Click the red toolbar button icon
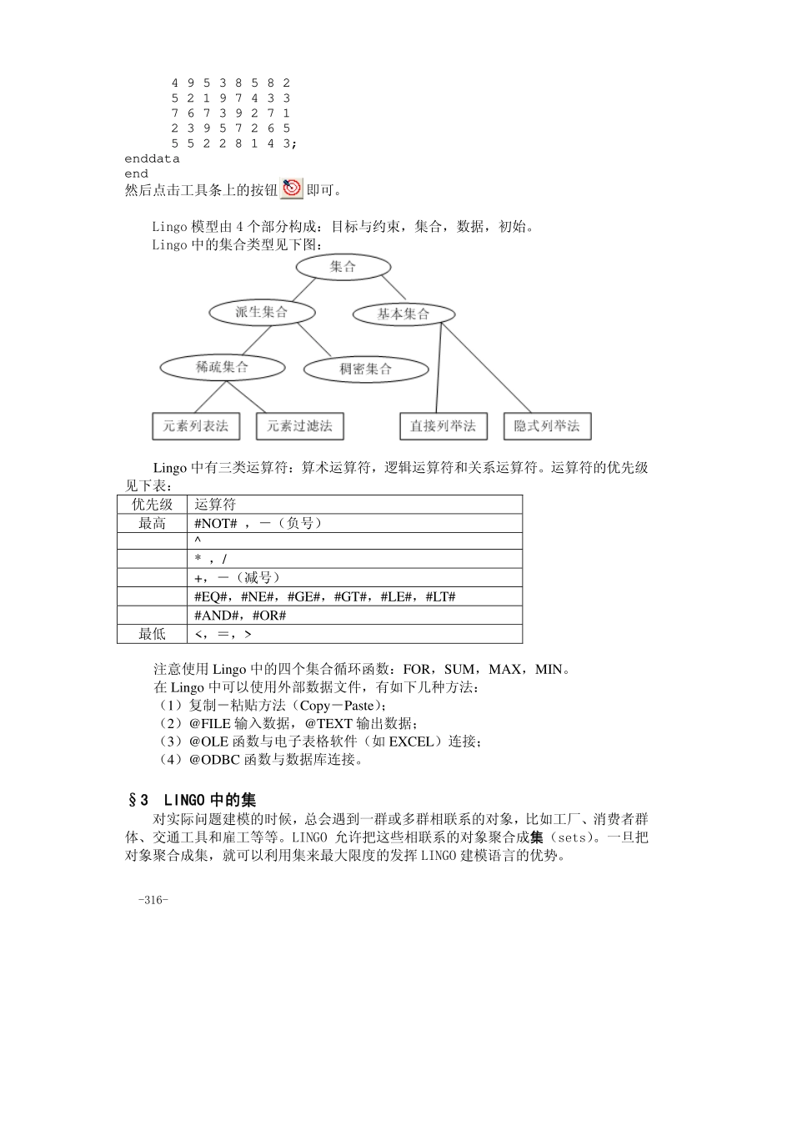coord(292,189)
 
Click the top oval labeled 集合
coord(343,267)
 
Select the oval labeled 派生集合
coord(262,313)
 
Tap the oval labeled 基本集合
coord(404,314)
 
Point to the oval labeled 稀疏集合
coord(222,367)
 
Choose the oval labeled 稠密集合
coord(366,369)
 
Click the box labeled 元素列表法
coord(196,426)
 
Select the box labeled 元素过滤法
coord(299,426)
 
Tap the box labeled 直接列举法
coord(443,426)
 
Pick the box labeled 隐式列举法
coord(547,426)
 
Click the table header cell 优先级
coord(152,505)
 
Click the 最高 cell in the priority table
coord(152,523)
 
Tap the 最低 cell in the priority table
coord(152,634)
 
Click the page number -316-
coord(153,900)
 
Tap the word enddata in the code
coord(152,158)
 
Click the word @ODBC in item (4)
coord(215,760)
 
